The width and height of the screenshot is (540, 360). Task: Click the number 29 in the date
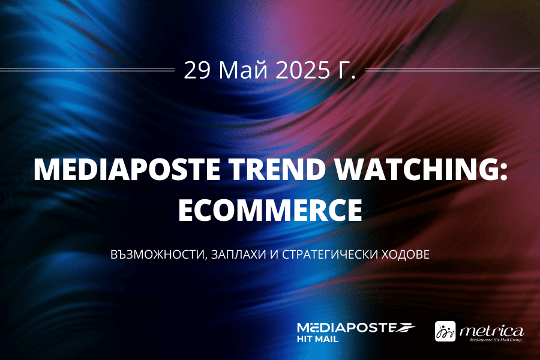(x=197, y=70)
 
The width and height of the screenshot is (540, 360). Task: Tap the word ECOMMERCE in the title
(x=270, y=209)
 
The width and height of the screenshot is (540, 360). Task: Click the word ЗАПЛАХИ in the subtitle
(x=238, y=254)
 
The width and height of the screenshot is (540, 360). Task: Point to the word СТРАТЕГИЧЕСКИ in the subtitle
(x=331, y=254)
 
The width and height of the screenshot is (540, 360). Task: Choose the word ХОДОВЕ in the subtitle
(x=406, y=254)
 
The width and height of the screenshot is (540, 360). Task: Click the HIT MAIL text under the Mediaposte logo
(x=317, y=339)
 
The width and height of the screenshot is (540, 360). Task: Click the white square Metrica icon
(x=445, y=331)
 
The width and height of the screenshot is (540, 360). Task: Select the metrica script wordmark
(x=492, y=331)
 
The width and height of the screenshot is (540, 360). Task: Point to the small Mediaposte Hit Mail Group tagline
(x=496, y=340)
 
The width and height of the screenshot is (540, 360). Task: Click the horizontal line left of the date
(x=88, y=70)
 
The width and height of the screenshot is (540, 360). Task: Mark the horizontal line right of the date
(x=452, y=70)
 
